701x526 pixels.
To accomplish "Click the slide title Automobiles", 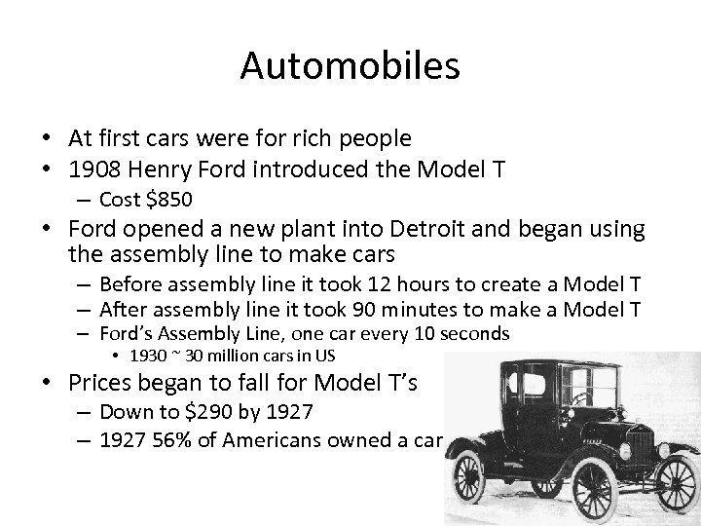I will click(350, 66).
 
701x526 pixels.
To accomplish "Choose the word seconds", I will click(475, 334).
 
